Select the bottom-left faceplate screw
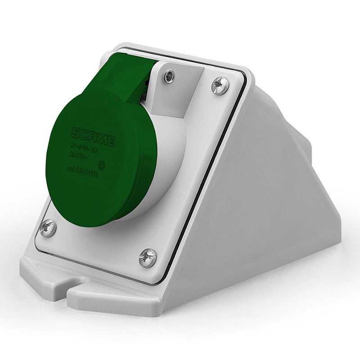[47, 228]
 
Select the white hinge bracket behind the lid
[180, 90]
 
